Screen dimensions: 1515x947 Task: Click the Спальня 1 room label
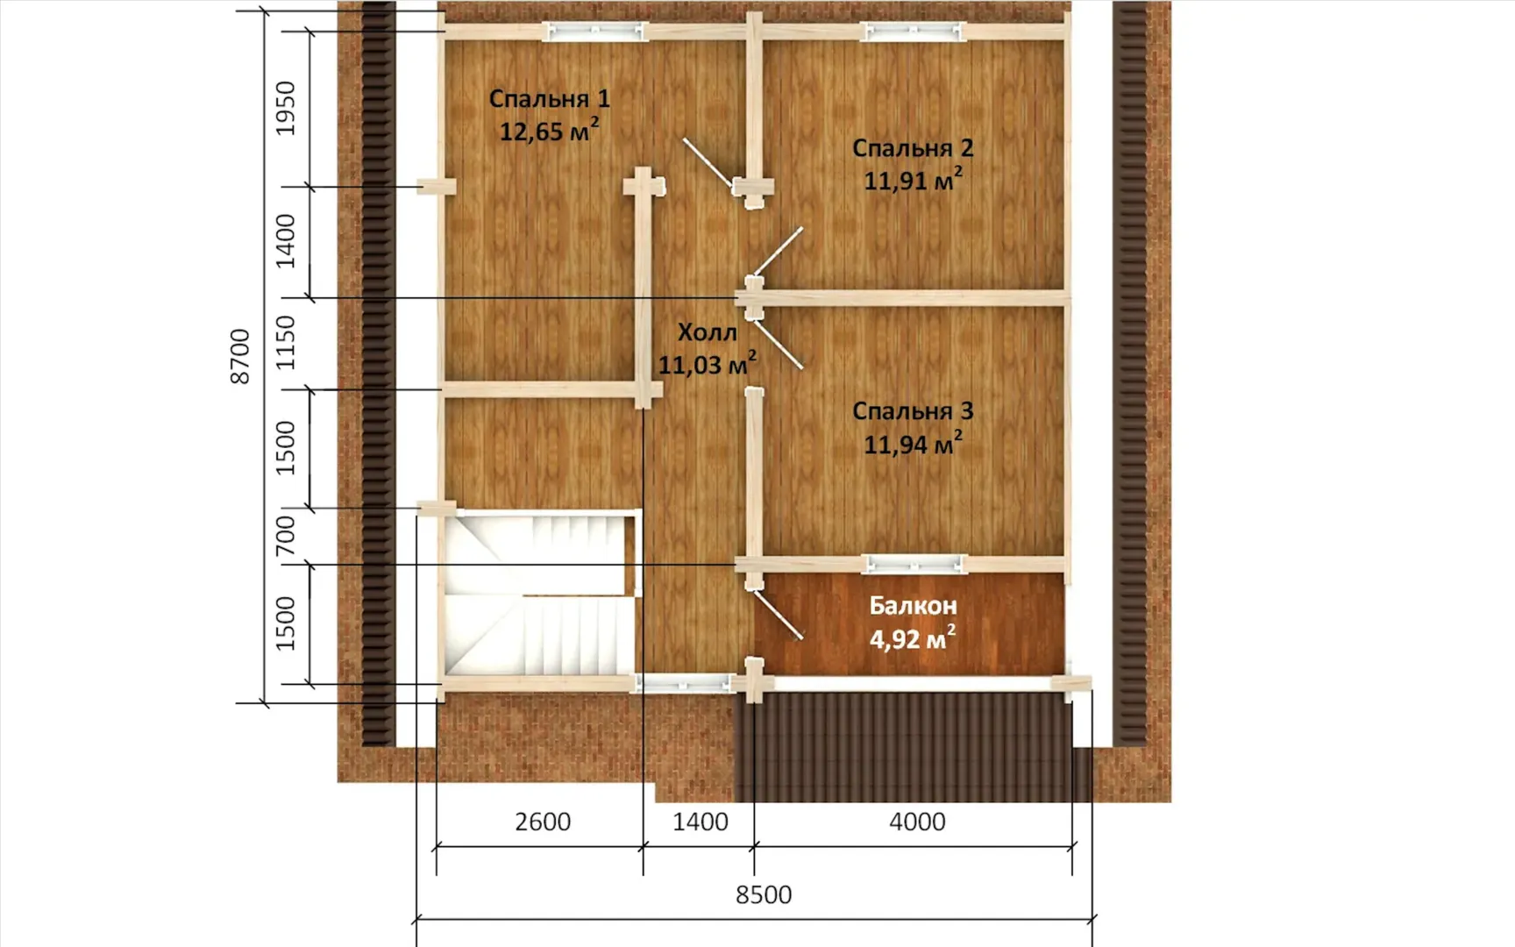(549, 98)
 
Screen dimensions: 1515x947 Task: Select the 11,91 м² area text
(913, 180)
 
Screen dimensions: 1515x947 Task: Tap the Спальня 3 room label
(913, 410)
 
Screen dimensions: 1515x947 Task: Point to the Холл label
(707, 332)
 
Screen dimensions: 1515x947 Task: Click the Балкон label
(913, 605)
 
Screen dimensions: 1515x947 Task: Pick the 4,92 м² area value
(913, 637)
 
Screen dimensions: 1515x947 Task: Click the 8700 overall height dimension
(239, 356)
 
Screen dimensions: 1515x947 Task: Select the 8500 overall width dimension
(764, 894)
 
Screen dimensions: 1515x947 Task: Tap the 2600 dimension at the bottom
(543, 822)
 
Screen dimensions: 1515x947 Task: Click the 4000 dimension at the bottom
(917, 822)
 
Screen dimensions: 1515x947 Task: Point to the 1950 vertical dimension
(286, 109)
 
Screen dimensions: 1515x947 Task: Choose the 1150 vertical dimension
(286, 343)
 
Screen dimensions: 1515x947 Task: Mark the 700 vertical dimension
(286, 536)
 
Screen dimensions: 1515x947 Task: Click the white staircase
(540, 595)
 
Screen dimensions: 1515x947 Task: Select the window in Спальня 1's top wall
(595, 32)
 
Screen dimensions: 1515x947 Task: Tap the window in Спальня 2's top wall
(913, 32)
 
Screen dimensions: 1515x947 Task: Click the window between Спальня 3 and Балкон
(914, 564)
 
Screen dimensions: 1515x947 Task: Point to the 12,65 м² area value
(549, 131)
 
